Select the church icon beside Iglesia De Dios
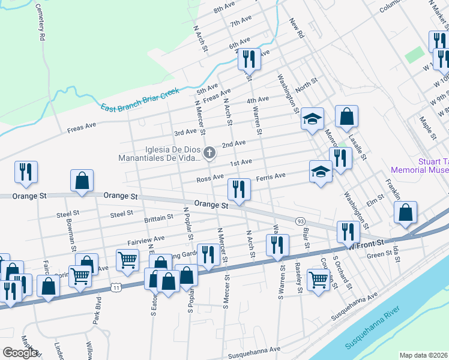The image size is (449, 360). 209,153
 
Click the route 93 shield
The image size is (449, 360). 300,221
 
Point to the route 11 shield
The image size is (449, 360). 116,289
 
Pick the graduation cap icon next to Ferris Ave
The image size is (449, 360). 321,172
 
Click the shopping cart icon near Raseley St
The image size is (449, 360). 318,278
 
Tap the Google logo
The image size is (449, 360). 20,353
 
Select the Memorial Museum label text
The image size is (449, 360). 420,170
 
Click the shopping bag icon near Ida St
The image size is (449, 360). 406,213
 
